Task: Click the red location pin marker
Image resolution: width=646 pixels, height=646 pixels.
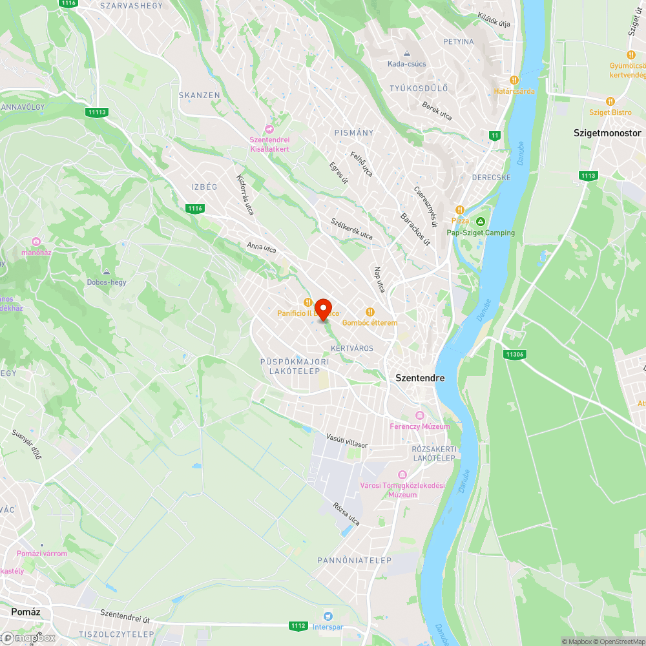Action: click(x=322, y=309)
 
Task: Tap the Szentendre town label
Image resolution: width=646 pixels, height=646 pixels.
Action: click(x=420, y=378)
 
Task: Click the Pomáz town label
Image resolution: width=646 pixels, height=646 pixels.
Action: click(x=26, y=610)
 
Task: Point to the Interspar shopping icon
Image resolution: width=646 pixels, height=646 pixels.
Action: click(x=328, y=616)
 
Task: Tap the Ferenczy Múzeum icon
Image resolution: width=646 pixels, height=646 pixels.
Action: click(x=420, y=415)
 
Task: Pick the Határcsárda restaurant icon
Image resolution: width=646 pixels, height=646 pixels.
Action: click(x=514, y=80)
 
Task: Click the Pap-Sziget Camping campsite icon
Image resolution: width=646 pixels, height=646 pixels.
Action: click(x=481, y=222)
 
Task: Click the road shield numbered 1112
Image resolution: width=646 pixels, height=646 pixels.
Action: click(x=298, y=625)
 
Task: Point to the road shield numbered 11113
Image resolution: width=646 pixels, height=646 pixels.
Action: click(x=96, y=112)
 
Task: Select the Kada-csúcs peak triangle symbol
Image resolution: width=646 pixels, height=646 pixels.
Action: click(x=407, y=54)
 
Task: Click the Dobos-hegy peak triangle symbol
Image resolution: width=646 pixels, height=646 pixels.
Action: click(x=107, y=272)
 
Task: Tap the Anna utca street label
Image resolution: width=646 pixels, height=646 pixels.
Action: click(x=261, y=246)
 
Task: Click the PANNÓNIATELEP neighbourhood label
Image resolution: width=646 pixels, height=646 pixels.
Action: click(x=354, y=560)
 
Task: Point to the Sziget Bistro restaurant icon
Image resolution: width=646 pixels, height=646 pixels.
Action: click(x=610, y=101)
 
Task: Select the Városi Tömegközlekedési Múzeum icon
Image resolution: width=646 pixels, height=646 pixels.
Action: click(x=403, y=475)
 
